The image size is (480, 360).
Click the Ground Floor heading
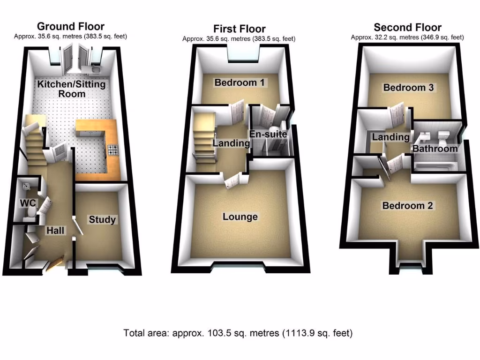click(70, 26)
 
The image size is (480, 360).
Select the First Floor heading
click(239, 29)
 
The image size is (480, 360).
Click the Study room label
click(102, 219)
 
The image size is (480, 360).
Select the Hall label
click(55, 230)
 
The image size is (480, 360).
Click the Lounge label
click(240, 217)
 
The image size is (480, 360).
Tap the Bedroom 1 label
click(240, 83)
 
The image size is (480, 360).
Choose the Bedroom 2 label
click(408, 206)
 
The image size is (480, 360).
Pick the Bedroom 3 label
click(408, 88)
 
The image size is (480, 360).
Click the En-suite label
click(268, 135)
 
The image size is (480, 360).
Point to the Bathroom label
click(435, 149)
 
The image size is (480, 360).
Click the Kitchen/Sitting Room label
click(71, 89)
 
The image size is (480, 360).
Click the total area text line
click(238, 333)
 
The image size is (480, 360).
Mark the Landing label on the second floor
click(390, 137)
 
